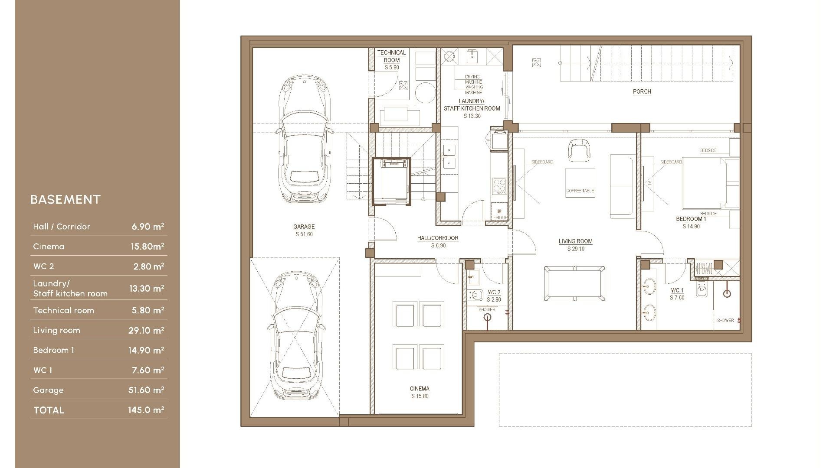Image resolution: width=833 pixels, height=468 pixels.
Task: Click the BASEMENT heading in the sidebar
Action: [x=66, y=199]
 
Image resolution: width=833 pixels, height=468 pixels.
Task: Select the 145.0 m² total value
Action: [x=146, y=410]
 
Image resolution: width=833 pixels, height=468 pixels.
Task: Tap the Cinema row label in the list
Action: [x=49, y=247]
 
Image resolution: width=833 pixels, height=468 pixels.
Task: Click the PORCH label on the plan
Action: [x=642, y=91]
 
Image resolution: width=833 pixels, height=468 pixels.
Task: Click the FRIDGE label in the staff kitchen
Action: [x=500, y=218]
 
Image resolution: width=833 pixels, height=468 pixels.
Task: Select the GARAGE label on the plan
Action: [x=304, y=227]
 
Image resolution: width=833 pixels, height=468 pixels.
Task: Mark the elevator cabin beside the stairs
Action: [x=391, y=181]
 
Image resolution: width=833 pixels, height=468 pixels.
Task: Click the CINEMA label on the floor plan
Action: [x=419, y=389]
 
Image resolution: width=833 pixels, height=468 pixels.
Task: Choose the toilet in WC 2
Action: [x=476, y=296]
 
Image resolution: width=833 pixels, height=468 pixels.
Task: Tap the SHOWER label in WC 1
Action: [x=725, y=320]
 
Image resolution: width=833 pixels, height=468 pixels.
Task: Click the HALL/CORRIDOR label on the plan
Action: [x=437, y=238]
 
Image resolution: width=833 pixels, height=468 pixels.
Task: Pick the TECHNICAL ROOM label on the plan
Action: [x=391, y=56]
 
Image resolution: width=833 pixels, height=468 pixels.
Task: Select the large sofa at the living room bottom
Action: [x=574, y=284]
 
